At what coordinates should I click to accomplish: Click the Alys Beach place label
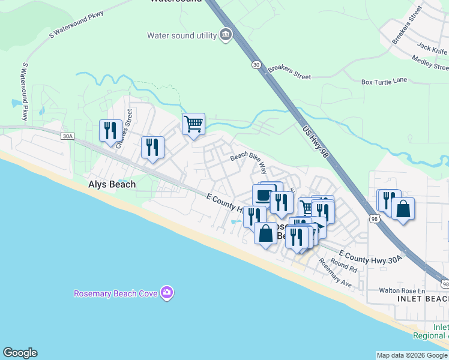click(x=112, y=185)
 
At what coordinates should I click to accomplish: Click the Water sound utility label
click(x=182, y=35)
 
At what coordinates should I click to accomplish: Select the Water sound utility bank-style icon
click(x=226, y=35)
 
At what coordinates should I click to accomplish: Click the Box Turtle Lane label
click(x=384, y=82)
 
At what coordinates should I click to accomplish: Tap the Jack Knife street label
click(x=432, y=46)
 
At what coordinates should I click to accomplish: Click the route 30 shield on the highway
click(x=257, y=65)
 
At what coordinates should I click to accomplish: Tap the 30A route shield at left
click(x=67, y=136)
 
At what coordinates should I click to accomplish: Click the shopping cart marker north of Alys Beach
click(x=193, y=124)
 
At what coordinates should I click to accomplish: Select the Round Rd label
click(x=343, y=266)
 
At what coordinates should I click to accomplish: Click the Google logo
click(x=20, y=353)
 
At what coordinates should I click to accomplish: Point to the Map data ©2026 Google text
click(x=411, y=355)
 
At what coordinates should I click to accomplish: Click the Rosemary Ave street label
click(x=335, y=272)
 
